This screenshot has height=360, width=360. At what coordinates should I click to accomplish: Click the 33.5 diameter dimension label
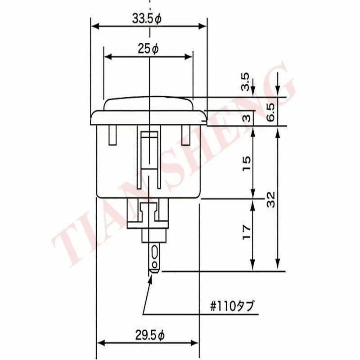(x=147, y=18)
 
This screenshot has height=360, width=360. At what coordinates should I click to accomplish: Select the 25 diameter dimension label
(x=148, y=49)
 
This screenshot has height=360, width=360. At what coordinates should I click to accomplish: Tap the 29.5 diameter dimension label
(x=150, y=335)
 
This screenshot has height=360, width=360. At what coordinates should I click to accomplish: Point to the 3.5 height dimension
(x=245, y=81)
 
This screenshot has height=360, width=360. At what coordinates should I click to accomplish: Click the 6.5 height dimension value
(x=270, y=112)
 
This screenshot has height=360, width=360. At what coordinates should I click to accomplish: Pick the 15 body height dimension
(x=247, y=163)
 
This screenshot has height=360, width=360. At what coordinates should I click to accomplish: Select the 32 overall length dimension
(x=271, y=199)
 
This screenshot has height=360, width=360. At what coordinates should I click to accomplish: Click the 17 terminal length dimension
(x=247, y=232)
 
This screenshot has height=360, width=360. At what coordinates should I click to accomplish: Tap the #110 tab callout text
(x=232, y=306)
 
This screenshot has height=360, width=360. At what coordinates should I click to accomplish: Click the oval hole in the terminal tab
(x=155, y=252)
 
